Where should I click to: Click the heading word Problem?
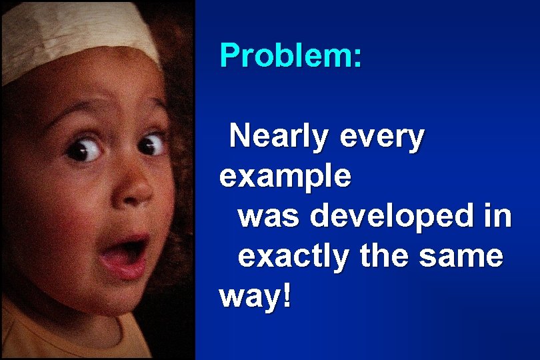[291, 55]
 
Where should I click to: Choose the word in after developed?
[497, 216]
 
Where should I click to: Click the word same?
[467, 257]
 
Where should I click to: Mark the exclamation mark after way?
[287, 294]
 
